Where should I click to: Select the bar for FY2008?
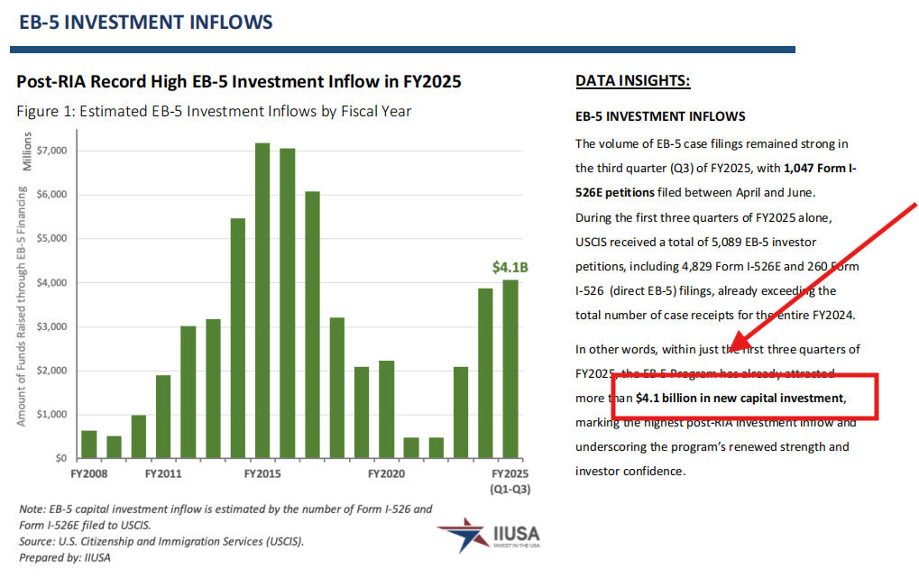pyautogui.click(x=89, y=444)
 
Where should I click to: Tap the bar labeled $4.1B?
pyautogui.click(x=510, y=369)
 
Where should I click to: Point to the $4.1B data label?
pyautogui.click(x=510, y=267)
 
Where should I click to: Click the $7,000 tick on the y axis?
pyautogui.click(x=52, y=151)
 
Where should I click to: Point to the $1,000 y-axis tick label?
pyautogui.click(x=52, y=415)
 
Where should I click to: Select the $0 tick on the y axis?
pyautogui.click(x=60, y=459)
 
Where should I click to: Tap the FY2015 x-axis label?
pyautogui.click(x=262, y=472)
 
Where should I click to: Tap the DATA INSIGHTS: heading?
pyautogui.click(x=632, y=82)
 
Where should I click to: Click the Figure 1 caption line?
pyautogui.click(x=214, y=112)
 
